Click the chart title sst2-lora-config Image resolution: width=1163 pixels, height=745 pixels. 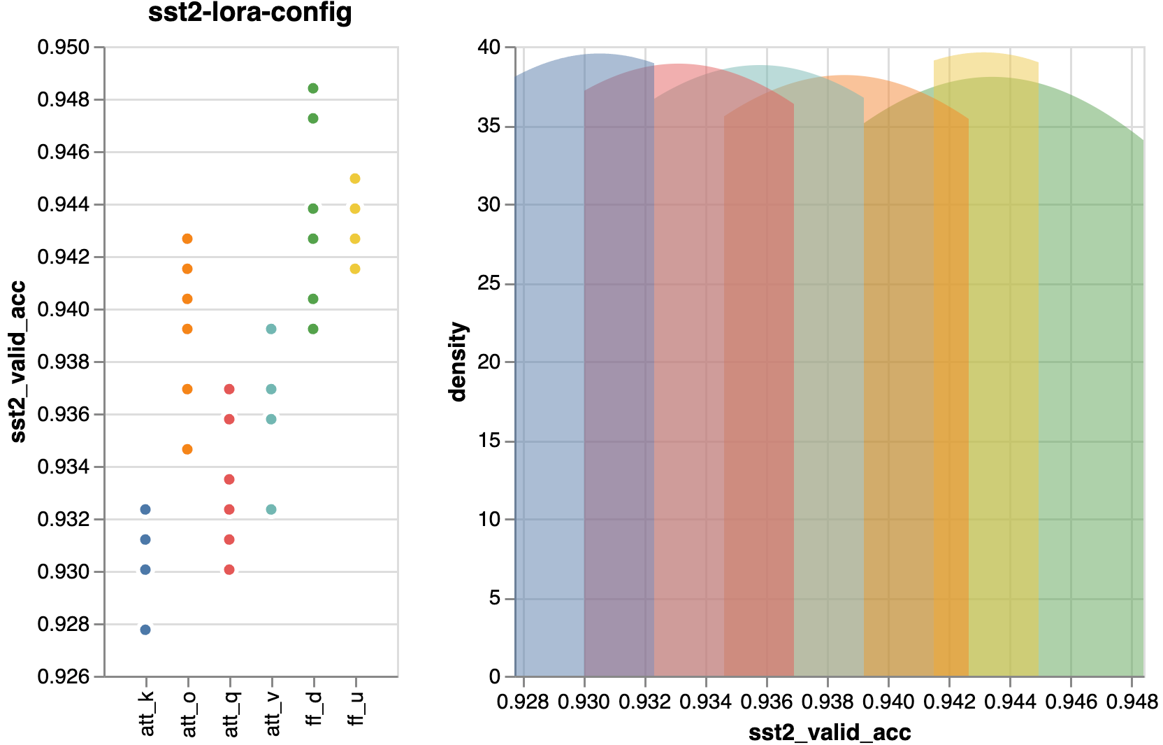[x=250, y=13]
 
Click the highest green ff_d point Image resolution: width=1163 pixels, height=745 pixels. [x=313, y=88]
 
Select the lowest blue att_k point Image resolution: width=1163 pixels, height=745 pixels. [x=145, y=630]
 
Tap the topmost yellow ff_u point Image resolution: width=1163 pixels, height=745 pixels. [x=355, y=178]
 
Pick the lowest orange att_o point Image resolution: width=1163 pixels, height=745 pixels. [x=187, y=449]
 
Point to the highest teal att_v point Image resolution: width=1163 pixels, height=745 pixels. [x=271, y=329]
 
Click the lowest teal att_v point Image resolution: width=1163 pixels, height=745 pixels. [x=271, y=509]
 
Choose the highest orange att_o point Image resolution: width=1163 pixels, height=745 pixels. [x=187, y=239]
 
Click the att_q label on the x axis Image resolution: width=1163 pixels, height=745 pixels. [x=231, y=713]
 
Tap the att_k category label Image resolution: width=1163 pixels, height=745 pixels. [x=147, y=713]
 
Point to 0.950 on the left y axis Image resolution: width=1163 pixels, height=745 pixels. [x=64, y=48]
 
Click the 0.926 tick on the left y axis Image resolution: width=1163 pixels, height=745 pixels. [x=64, y=676]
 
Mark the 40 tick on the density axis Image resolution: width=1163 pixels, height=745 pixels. [x=489, y=48]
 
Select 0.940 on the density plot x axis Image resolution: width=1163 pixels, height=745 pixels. [x=888, y=701]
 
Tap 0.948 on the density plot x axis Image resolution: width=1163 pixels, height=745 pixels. [x=1132, y=701]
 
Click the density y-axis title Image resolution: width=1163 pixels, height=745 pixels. [x=458, y=362]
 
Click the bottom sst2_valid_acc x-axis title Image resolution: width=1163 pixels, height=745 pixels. [x=830, y=732]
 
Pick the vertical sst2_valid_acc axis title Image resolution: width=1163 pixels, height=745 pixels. [x=18, y=362]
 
